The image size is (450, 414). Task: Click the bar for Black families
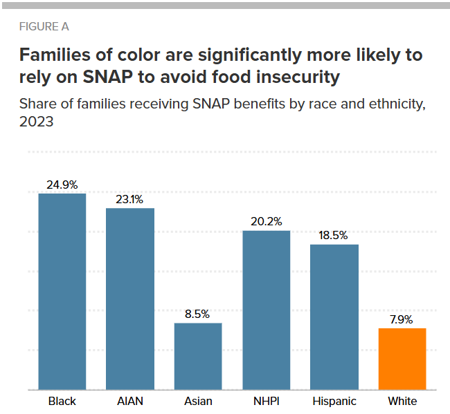62,292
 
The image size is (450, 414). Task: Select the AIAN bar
130,299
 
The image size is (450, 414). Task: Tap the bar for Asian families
198,356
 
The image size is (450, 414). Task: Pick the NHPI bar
267,310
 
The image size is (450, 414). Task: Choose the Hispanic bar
334,317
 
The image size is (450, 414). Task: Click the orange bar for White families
402,359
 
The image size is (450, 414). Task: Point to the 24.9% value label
62,185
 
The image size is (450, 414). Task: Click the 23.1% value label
129,200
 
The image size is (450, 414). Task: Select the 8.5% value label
197,314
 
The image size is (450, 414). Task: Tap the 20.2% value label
267,221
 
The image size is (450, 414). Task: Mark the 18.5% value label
333,235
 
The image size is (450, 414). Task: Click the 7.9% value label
402,319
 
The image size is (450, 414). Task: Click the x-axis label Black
62,401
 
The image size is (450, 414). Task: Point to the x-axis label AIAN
130,401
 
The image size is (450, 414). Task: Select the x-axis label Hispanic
334,401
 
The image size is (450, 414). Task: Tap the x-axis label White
402,401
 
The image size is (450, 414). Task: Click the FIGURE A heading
44,27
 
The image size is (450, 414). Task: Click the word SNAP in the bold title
107,77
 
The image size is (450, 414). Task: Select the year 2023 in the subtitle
37,122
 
